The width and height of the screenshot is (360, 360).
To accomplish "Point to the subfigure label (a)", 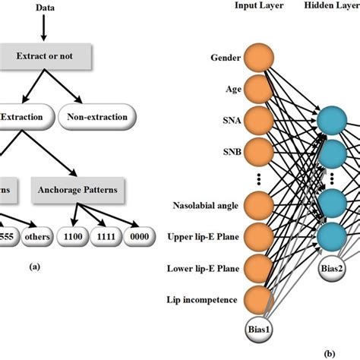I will click(55, 267).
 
